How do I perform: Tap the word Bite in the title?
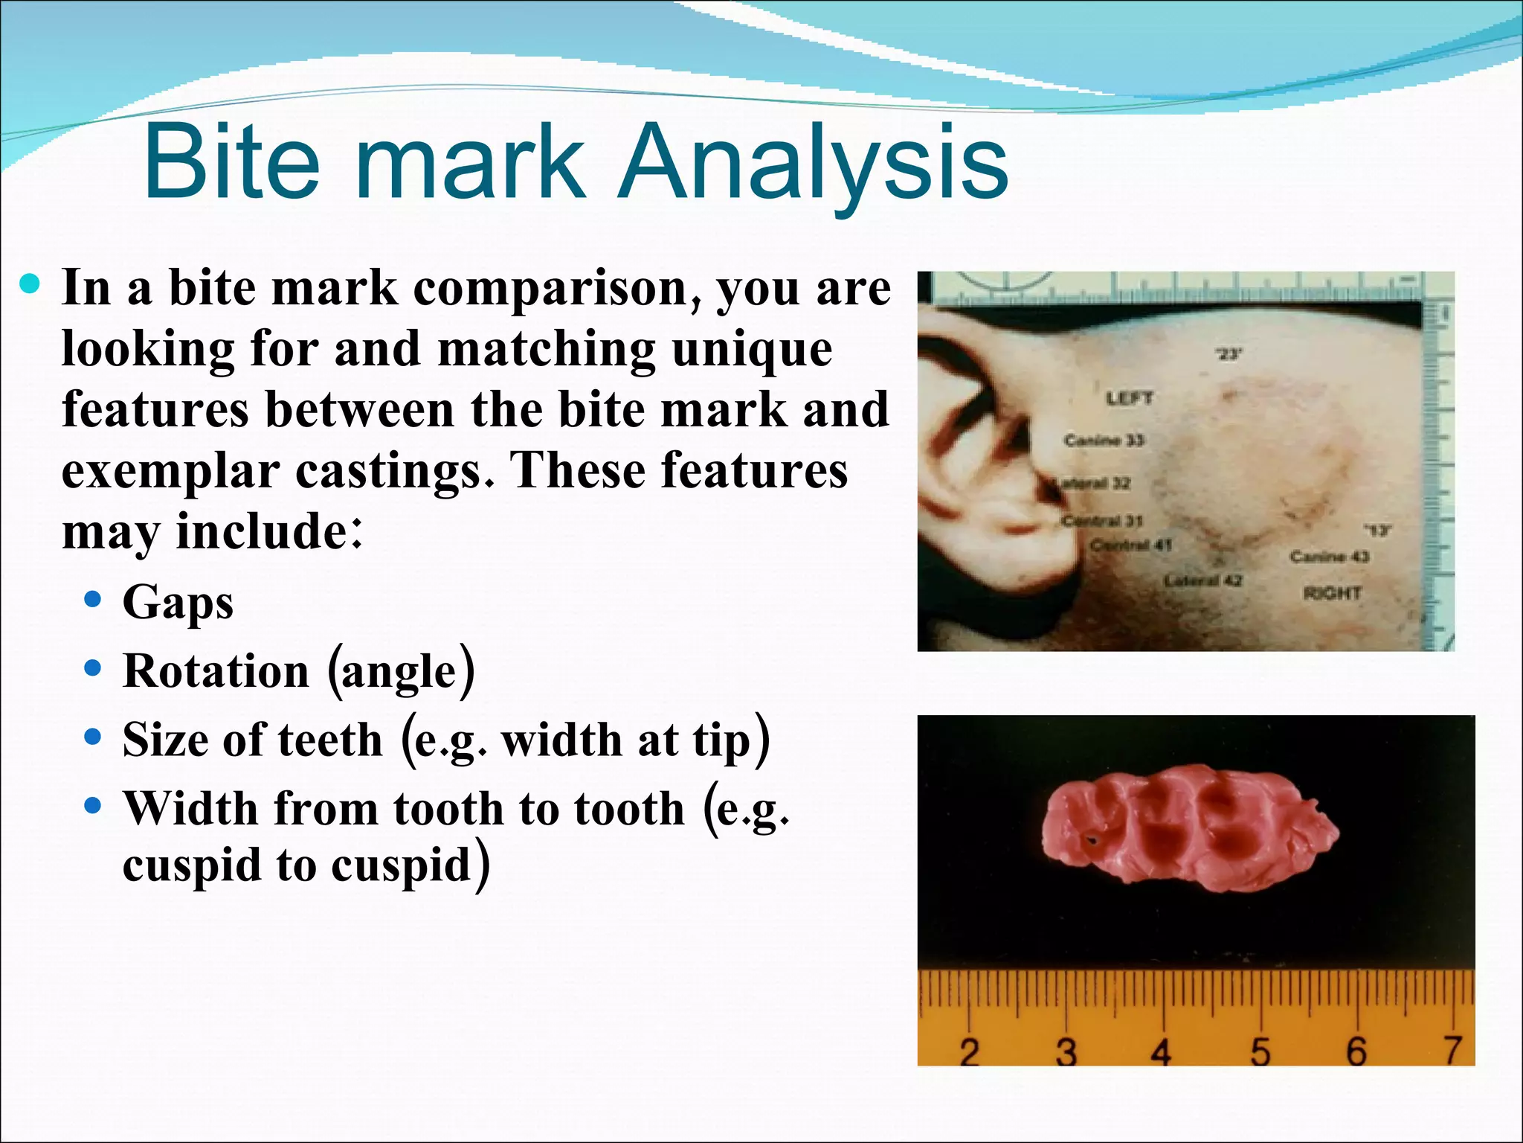(231, 162)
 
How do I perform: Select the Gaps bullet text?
(178, 602)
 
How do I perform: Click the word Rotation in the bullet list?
(216, 671)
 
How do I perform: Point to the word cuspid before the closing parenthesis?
(401, 865)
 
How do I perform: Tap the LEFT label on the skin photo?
(1129, 398)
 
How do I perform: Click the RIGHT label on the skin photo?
(1332, 593)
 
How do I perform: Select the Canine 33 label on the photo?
(1104, 440)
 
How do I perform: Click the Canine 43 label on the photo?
(1329, 556)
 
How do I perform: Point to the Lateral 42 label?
(1202, 580)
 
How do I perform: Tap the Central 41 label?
(1130, 545)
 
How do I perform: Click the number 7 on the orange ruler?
(1453, 1050)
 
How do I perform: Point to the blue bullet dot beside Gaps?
(92, 600)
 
